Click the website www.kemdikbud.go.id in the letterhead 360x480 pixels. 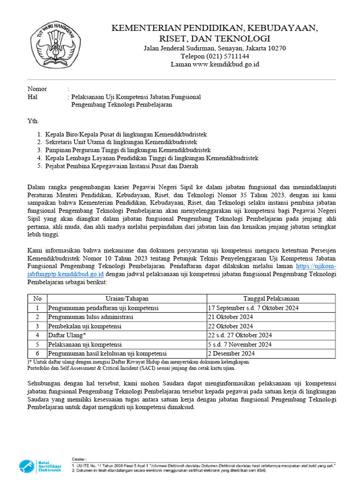(215, 64)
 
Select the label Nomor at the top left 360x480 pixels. (37, 89)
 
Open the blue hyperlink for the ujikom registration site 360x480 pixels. (319, 267)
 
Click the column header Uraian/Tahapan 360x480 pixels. (127, 299)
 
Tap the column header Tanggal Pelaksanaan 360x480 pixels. (271, 299)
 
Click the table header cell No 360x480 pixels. (37, 299)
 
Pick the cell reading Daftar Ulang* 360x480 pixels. (67, 335)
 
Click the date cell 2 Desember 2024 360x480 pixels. (232, 353)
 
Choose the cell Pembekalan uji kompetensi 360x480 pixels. (85, 326)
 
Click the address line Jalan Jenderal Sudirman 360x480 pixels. (215, 48)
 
